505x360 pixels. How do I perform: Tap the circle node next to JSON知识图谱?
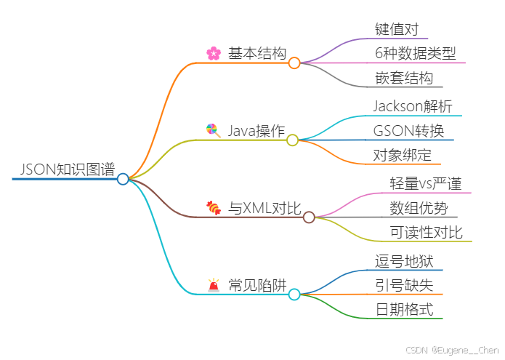coord(123,179)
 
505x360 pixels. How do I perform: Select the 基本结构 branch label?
coord(256,53)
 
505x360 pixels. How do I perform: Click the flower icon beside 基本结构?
coord(213,53)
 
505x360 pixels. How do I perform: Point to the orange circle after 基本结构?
coord(294,63)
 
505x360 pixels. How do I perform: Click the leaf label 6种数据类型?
coord(416,53)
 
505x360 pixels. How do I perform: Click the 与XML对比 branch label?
coord(264,208)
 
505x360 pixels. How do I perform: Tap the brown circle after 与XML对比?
coord(309,217)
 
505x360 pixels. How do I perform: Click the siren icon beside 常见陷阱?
coord(214,285)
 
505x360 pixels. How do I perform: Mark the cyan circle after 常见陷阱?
coord(294,295)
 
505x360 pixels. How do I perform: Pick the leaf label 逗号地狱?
coord(405,261)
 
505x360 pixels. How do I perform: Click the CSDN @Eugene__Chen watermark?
coord(452,350)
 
